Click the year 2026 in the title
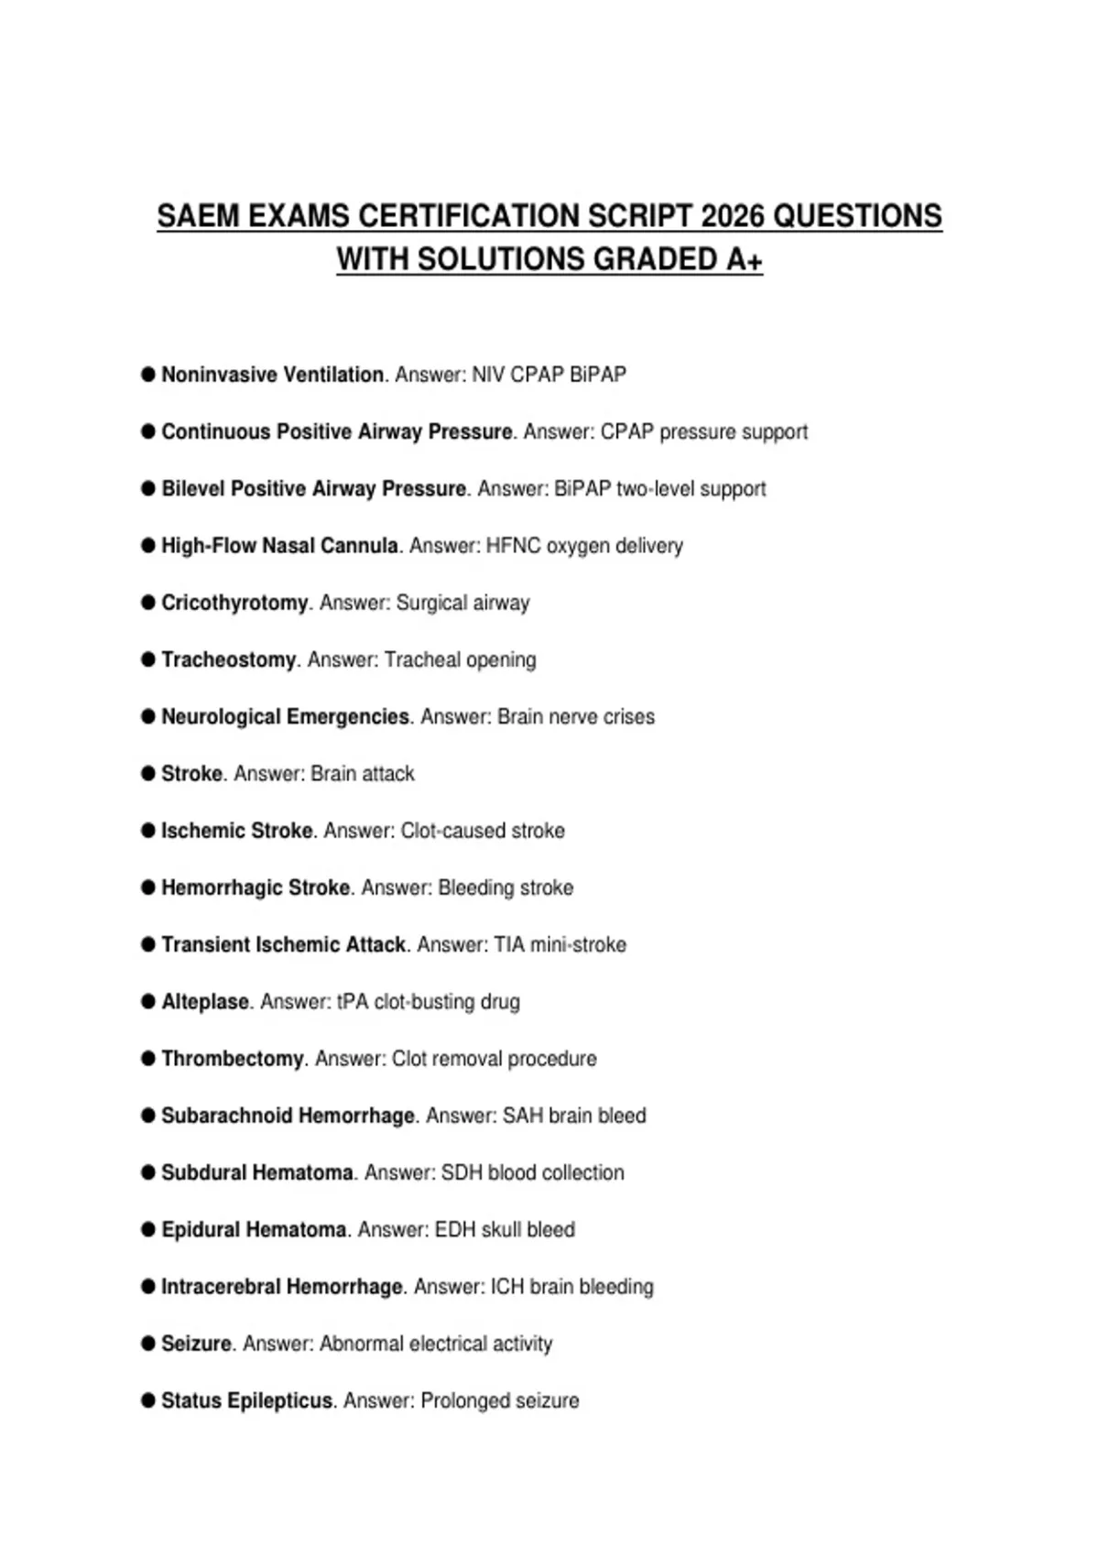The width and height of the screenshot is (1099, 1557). click(732, 216)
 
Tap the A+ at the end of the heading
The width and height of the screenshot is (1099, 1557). click(744, 260)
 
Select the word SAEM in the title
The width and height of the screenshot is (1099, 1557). click(197, 216)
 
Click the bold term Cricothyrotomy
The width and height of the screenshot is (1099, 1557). click(234, 603)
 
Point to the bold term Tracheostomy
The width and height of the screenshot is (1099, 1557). click(229, 659)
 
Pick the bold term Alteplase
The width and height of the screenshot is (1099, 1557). click(205, 1001)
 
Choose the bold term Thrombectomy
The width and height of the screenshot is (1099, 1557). click(233, 1059)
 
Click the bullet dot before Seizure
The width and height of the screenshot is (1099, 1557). click(148, 1344)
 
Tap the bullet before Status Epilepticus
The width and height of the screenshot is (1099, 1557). click(148, 1400)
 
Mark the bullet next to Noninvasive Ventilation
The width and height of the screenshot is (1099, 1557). click(148, 374)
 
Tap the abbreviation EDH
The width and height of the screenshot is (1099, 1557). click(455, 1229)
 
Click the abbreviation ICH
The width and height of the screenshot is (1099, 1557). click(506, 1287)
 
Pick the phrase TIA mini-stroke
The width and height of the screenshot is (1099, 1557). click(560, 944)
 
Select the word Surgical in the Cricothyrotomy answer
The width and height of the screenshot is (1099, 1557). click(431, 603)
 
